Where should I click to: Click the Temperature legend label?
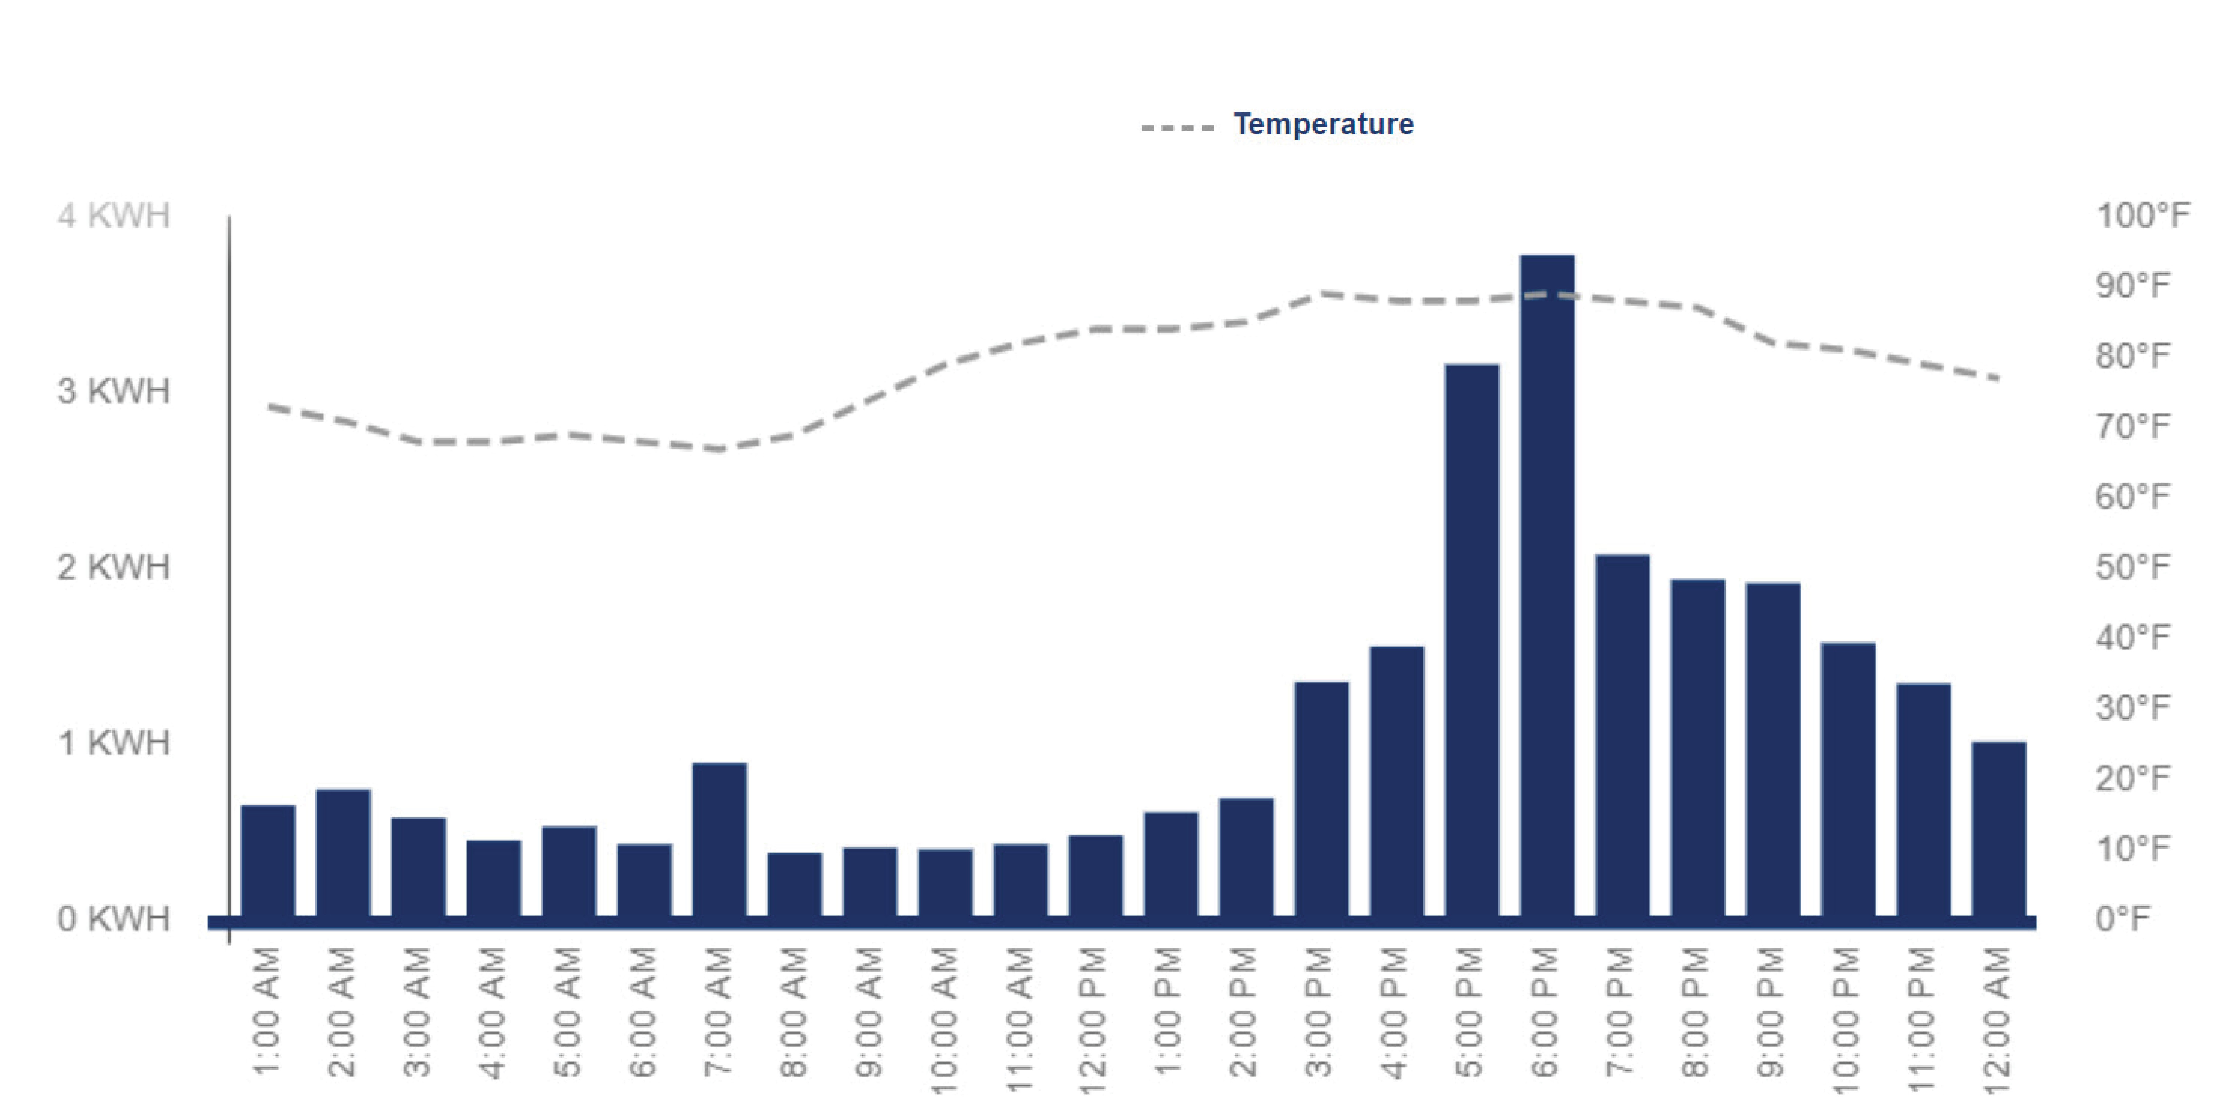pyautogui.click(x=1323, y=124)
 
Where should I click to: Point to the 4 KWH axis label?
pyautogui.click(x=114, y=215)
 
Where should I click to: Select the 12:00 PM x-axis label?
pyautogui.click(x=1093, y=1020)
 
